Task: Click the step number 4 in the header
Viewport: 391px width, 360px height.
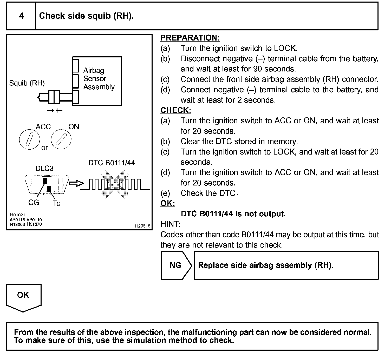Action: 21,16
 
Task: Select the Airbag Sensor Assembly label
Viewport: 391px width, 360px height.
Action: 99,78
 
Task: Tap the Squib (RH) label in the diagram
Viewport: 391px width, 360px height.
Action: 27,83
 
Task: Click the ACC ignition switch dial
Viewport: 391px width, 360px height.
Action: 30,139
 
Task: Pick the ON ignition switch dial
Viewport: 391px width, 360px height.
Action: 61,139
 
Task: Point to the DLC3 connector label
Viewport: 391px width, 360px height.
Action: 44,168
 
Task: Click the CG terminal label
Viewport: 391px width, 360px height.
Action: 34,202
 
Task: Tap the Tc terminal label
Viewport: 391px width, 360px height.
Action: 56,203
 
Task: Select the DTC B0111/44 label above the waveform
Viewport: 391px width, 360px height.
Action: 112,163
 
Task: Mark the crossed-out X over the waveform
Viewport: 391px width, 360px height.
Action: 115,184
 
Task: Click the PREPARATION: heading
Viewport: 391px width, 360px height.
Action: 190,38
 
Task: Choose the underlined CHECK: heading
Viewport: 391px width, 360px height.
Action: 176,110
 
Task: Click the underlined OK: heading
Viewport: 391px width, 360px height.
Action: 167,203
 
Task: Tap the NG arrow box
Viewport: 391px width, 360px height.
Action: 176,265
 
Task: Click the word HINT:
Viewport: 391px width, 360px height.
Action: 170,224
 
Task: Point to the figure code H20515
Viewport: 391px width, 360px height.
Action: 142,226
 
